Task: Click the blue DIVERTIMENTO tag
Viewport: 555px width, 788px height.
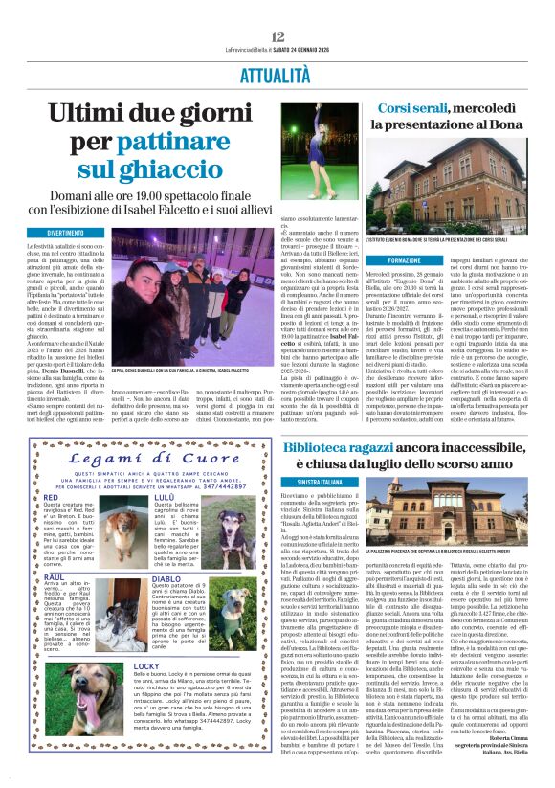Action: [78, 233]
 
